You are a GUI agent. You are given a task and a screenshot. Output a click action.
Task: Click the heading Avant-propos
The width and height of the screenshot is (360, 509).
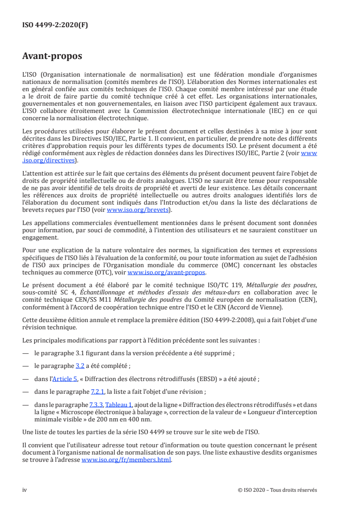52,57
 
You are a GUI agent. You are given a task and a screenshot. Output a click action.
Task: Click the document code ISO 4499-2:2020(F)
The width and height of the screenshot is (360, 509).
55,25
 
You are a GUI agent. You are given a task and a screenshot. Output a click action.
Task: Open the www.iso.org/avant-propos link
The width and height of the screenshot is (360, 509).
167,273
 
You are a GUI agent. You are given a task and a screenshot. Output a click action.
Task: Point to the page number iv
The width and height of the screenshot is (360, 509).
25,490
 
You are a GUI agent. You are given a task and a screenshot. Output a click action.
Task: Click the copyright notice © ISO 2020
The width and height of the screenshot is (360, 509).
277,490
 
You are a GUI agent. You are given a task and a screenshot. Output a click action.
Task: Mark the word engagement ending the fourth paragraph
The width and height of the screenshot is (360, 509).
40,236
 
